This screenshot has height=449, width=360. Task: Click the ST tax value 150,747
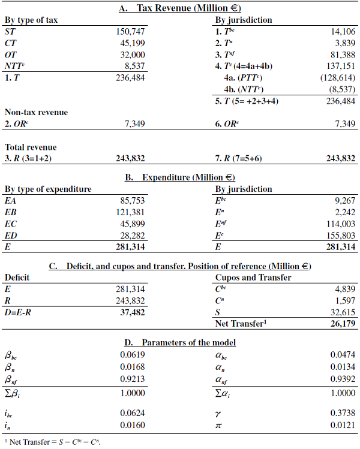pos(130,31)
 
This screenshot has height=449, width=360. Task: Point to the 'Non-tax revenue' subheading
pos(36,112)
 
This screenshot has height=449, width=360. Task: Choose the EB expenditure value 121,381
pos(130,212)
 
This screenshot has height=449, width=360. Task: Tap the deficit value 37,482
pos(130,312)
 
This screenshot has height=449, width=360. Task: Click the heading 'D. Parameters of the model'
pos(179,342)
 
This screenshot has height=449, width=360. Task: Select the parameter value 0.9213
pos(130,378)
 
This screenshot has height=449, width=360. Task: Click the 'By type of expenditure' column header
pos(48,189)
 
